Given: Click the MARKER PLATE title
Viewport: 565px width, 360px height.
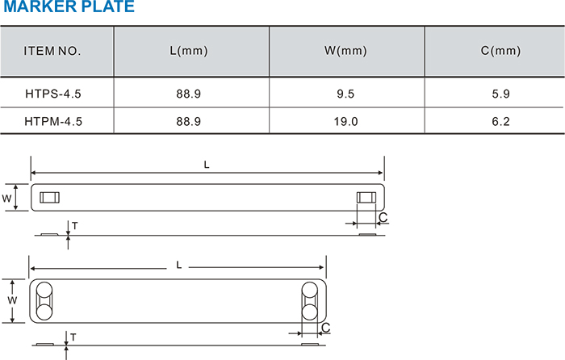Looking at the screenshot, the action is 69,6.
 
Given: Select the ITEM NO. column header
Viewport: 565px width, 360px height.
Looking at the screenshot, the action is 52,51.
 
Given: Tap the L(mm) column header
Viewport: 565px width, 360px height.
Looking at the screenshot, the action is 189,51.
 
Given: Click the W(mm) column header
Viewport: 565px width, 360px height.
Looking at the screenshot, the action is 345,51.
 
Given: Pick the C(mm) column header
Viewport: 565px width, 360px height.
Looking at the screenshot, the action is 501,51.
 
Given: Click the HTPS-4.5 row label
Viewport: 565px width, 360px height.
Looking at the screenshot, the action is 53,94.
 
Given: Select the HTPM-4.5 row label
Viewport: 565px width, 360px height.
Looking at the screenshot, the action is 53,121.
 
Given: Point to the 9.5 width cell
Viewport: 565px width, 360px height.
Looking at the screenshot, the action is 345,94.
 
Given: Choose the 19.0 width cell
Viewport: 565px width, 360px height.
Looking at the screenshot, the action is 345,121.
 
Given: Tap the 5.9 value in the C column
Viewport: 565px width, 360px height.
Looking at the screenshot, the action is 501,94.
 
